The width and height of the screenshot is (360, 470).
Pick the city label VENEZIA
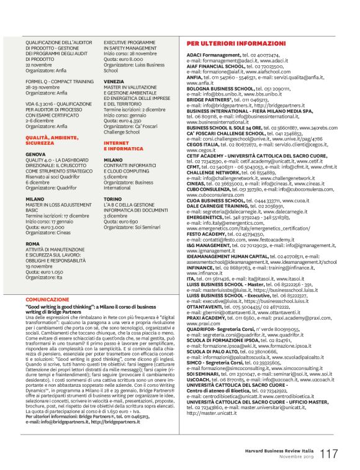click(x=114, y=81)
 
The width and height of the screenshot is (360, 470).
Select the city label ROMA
click(x=32, y=244)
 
